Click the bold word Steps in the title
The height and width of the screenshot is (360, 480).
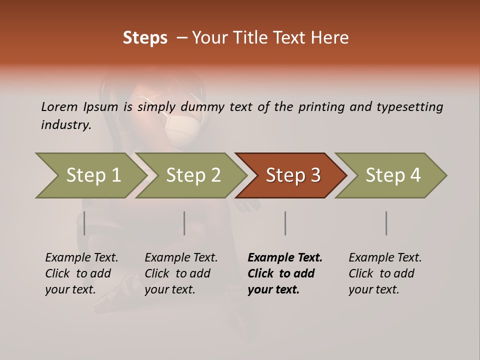[145, 38]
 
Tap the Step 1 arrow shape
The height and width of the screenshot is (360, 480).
[90, 175]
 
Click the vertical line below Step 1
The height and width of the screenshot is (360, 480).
[84, 223]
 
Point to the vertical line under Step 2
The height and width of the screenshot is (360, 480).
[184, 223]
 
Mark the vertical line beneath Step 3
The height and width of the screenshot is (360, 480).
[285, 223]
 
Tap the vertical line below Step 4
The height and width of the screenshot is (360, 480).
[386, 223]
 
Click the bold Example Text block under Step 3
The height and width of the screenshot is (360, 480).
[285, 273]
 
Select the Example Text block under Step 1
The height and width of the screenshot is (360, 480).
[81, 273]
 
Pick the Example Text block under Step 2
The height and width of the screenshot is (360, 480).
[181, 273]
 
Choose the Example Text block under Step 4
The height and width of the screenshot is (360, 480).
[385, 273]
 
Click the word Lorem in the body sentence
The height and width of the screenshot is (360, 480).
[59, 106]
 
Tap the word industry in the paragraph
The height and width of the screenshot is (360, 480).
[66, 124]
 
